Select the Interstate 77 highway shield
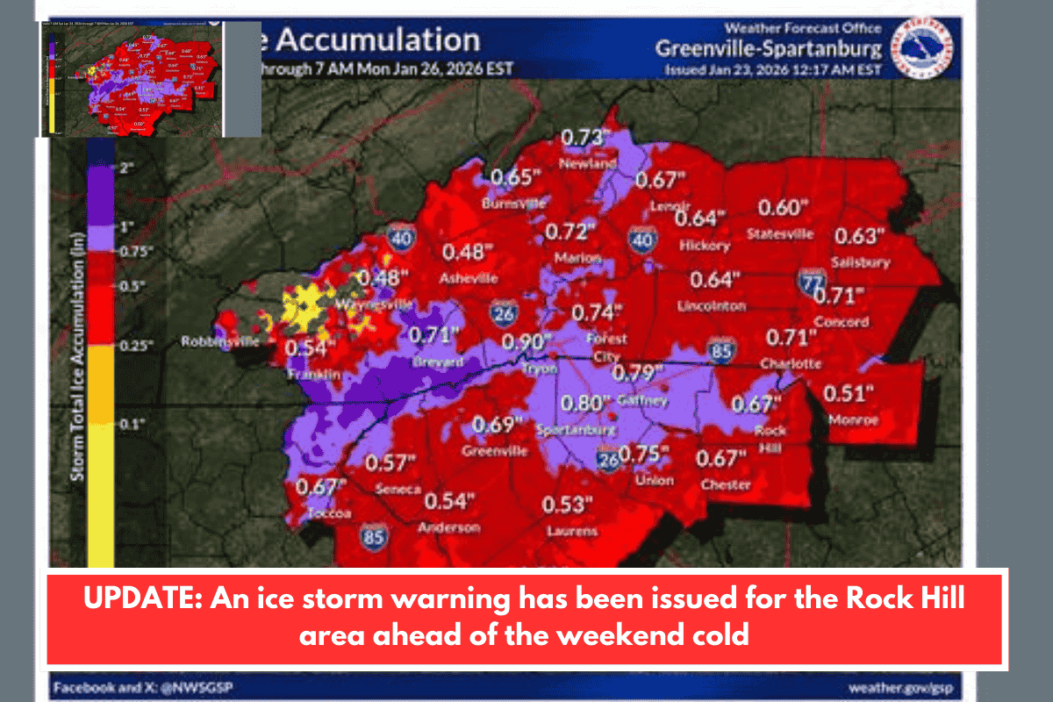pyautogui.click(x=810, y=283)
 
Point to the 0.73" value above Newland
pyautogui.click(x=584, y=138)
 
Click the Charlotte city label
pyautogui.click(x=791, y=362)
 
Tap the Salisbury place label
pyautogui.click(x=862, y=261)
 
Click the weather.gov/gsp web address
pyautogui.click(x=900, y=687)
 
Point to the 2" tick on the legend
pyautogui.click(x=123, y=167)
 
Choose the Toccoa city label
pyautogui.click(x=331, y=513)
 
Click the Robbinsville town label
pyautogui.click(x=221, y=341)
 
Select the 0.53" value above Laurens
pyautogui.click(x=567, y=505)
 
